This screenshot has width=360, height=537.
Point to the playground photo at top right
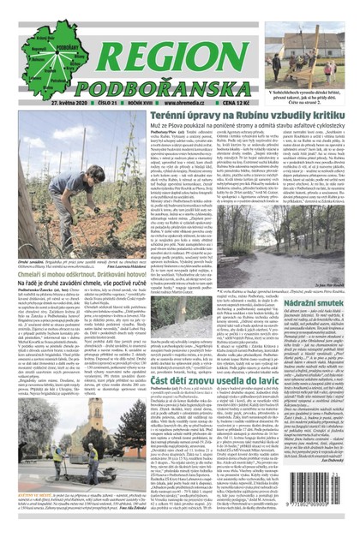pos(310,43)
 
